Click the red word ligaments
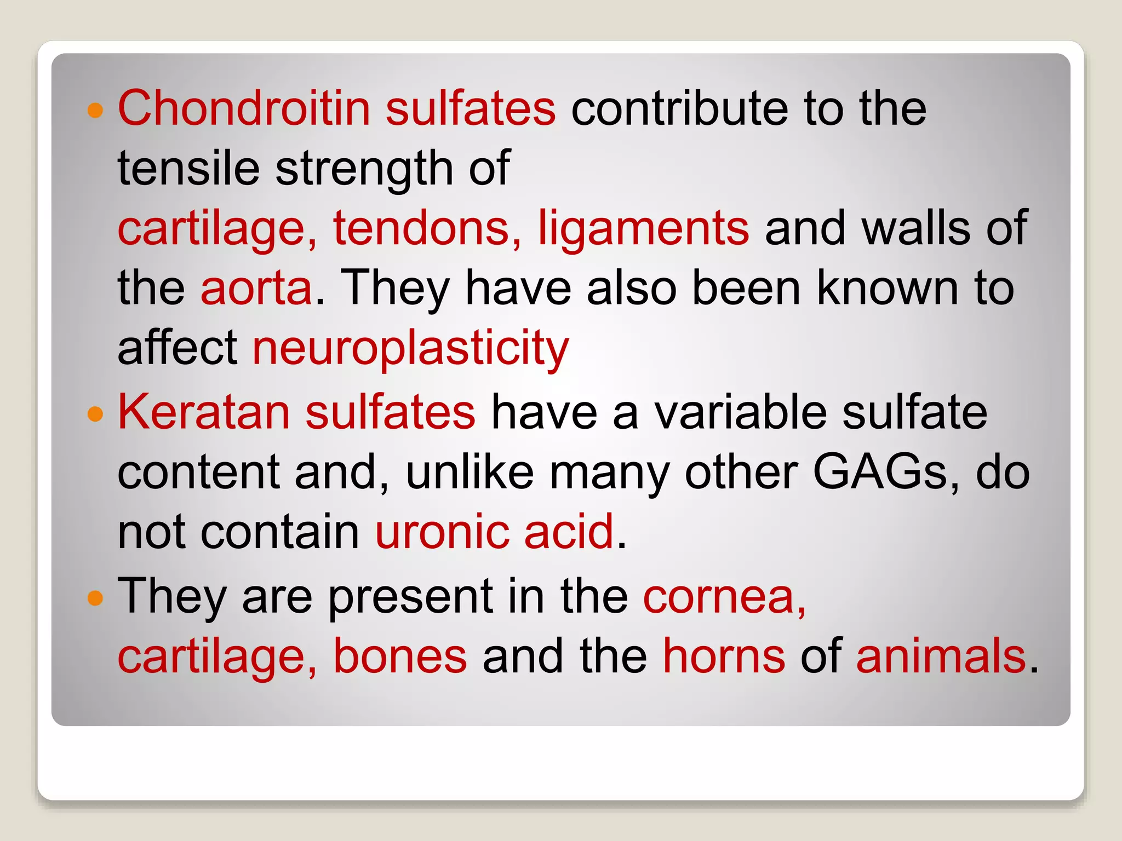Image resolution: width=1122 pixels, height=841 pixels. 643,229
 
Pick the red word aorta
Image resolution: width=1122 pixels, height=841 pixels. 256,288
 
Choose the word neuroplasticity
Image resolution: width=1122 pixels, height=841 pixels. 411,348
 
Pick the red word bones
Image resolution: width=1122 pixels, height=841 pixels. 400,656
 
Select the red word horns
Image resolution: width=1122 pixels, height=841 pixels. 724,656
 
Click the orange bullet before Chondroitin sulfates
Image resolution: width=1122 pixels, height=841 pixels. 95,110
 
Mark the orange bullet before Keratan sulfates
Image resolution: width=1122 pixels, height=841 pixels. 95,414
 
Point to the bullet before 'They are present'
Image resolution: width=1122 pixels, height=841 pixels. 95,598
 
